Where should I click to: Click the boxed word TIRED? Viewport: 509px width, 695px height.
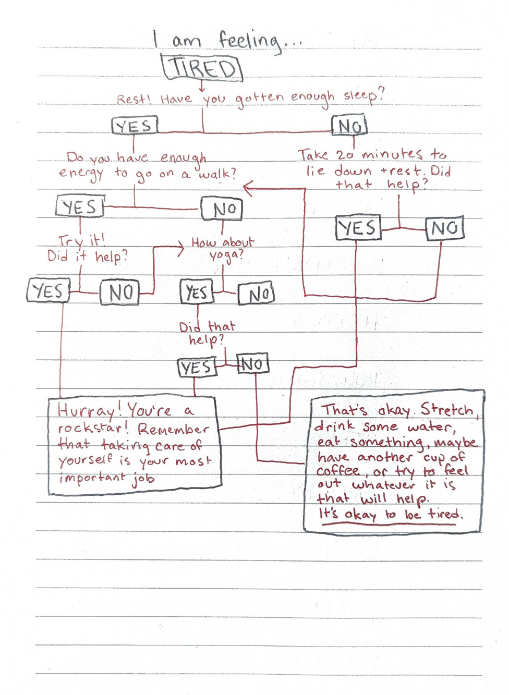(203, 68)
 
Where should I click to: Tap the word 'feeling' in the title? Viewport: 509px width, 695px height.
(249, 40)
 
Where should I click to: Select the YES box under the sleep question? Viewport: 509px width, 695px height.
(134, 126)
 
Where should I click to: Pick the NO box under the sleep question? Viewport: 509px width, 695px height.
(349, 126)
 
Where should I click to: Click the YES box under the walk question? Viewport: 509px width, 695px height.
(80, 207)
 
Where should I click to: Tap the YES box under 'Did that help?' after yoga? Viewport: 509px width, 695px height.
(196, 368)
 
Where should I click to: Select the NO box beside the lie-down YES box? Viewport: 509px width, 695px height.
(445, 228)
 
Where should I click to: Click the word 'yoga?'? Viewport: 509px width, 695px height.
(226, 255)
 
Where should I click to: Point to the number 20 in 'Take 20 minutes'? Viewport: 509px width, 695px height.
(345, 155)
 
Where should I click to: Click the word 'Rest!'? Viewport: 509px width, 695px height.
(134, 99)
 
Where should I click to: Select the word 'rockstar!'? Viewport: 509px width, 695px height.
(92, 429)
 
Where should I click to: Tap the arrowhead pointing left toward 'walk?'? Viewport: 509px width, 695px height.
(247, 188)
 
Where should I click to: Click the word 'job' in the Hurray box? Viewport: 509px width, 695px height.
(143, 479)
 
